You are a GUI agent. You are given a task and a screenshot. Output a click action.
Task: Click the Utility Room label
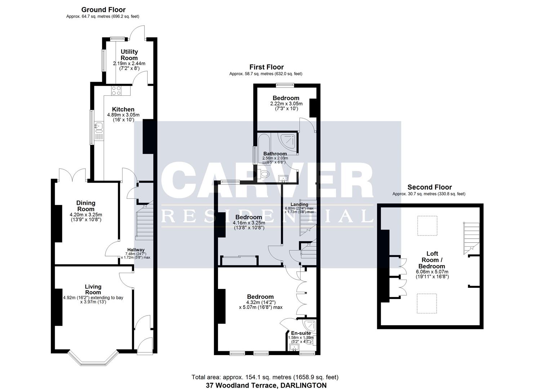click(x=129, y=55)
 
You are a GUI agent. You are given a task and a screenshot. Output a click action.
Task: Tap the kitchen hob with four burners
click(x=116, y=91)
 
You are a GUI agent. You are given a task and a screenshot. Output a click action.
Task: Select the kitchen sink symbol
click(x=98, y=126)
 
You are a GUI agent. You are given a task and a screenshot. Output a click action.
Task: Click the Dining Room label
click(x=86, y=206)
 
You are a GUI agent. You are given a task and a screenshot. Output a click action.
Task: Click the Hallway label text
click(x=135, y=250)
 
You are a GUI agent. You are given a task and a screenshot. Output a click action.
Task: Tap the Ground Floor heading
click(x=103, y=10)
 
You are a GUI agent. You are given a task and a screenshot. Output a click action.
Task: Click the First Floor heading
click(x=266, y=67)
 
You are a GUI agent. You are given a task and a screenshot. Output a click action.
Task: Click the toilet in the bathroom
click(x=265, y=174)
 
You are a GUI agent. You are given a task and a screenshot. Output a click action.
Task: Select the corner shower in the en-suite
click(x=310, y=326)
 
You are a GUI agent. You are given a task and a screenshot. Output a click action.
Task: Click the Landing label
click(x=299, y=205)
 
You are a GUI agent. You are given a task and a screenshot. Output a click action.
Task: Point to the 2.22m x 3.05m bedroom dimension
click(x=286, y=104)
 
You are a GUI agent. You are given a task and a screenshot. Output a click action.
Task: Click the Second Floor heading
click(x=429, y=187)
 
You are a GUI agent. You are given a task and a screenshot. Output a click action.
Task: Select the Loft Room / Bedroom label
click(x=432, y=260)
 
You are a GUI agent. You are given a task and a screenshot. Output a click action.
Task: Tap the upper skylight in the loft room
click(x=427, y=226)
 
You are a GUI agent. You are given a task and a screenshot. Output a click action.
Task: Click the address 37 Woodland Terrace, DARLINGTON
click(x=266, y=385)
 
